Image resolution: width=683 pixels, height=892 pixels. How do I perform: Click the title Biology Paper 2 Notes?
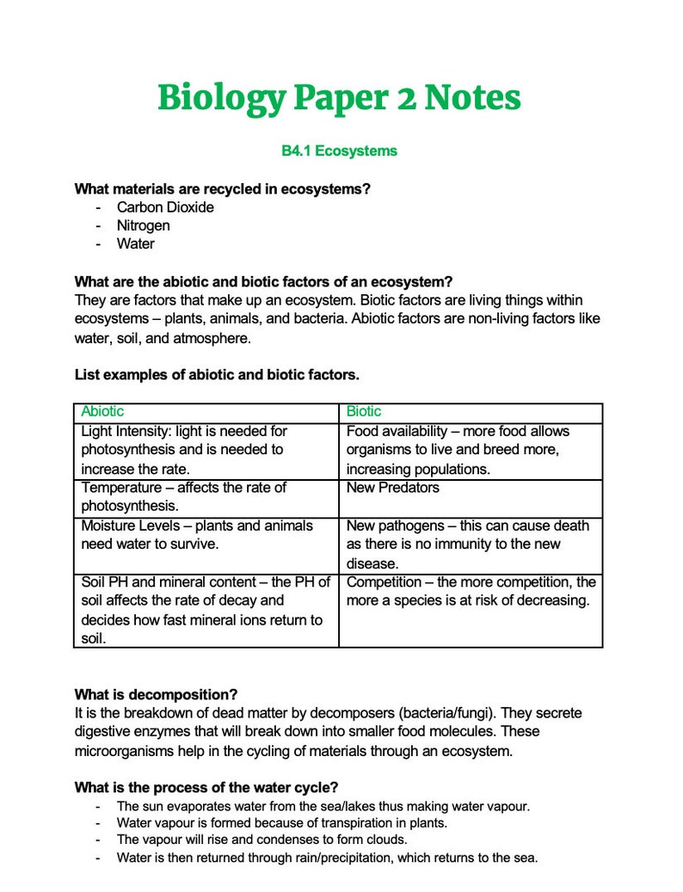[339, 98]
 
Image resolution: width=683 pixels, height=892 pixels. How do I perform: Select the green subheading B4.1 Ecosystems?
[339, 151]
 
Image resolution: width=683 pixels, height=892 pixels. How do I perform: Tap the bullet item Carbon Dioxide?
[165, 207]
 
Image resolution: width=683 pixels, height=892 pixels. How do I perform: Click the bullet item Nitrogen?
[144, 225]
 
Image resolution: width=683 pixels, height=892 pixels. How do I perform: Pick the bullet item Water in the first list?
[136, 243]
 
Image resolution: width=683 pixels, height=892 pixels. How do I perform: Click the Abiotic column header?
[102, 412]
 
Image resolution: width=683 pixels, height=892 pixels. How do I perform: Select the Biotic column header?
[364, 412]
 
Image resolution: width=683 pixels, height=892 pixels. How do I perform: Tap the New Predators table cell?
[392, 488]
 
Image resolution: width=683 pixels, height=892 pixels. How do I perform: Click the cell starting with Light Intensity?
[184, 450]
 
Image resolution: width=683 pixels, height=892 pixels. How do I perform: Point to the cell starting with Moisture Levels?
[197, 534]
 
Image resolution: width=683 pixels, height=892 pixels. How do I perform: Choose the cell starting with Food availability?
[458, 450]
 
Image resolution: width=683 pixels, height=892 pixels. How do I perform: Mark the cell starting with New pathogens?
[467, 544]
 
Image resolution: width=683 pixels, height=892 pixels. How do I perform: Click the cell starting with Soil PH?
[205, 610]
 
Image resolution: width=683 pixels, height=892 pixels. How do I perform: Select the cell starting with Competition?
[471, 591]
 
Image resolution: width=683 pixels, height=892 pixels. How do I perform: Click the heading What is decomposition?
[156, 694]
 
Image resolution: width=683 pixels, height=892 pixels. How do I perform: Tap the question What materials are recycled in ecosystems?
[228, 188]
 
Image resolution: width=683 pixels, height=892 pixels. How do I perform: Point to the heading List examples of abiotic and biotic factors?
[217, 375]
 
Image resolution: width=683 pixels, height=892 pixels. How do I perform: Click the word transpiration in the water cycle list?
[354, 822]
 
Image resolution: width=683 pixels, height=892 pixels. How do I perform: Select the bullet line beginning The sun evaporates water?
[323, 806]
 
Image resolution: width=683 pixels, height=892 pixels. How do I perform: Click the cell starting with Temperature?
[184, 496]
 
